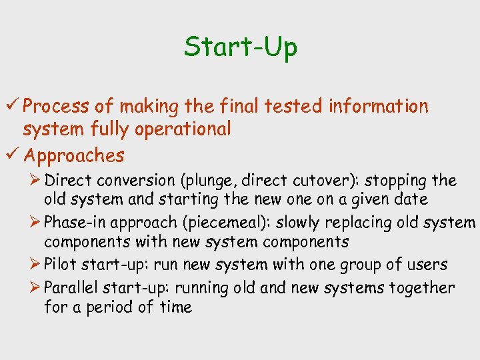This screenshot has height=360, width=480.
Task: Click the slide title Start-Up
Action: [x=241, y=47]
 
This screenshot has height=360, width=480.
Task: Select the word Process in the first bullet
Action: [x=58, y=106]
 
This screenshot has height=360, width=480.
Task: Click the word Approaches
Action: [x=74, y=156]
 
